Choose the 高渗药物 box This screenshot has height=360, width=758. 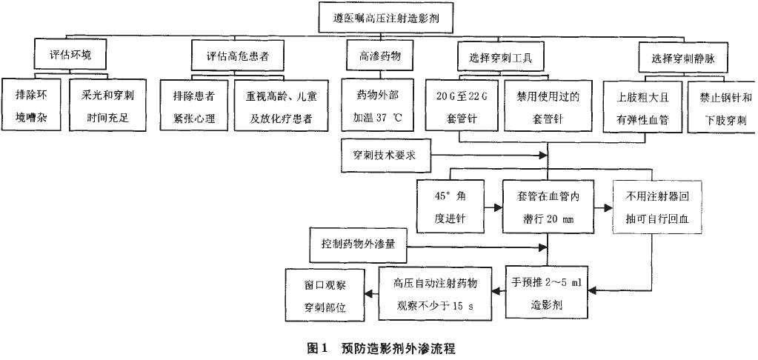(376, 56)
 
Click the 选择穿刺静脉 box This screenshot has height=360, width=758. (680, 56)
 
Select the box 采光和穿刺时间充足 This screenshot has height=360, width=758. (104, 107)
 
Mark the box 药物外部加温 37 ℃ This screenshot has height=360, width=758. (376, 107)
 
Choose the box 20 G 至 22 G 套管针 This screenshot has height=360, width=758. (460, 107)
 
